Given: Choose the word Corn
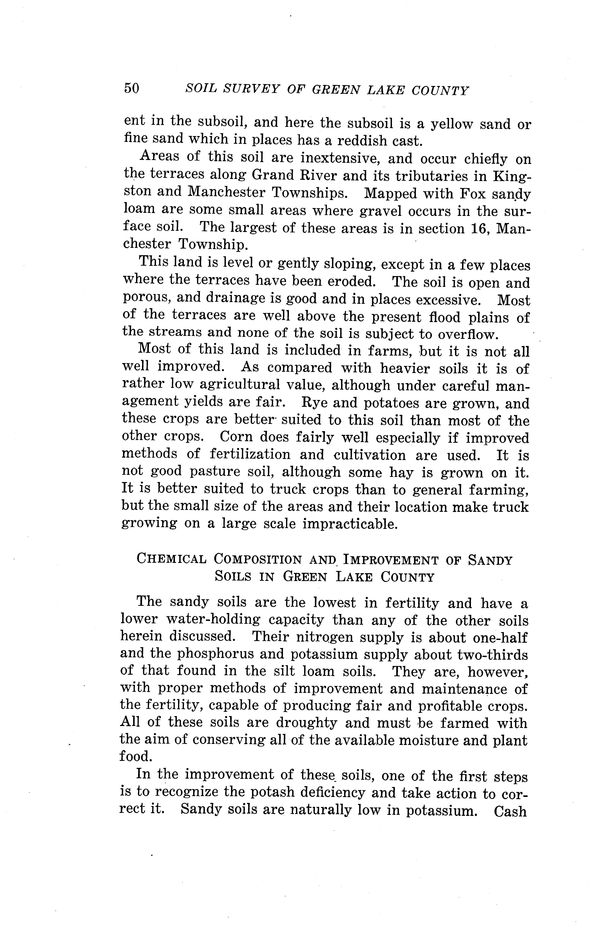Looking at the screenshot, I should (x=236, y=437).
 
